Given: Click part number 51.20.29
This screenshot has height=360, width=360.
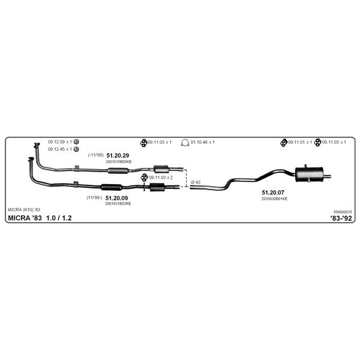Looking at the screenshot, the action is (x=118, y=155).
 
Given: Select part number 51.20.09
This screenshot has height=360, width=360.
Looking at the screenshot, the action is (x=116, y=198).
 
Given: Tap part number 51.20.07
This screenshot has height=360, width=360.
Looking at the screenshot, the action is (x=273, y=193).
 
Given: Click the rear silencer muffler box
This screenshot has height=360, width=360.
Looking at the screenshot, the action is (x=309, y=175).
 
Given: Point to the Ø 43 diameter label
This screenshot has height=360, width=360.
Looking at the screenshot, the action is (x=196, y=182).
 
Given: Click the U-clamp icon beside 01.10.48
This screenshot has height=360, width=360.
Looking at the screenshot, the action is (x=185, y=143).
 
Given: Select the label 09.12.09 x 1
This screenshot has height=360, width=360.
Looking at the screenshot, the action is (x=60, y=142).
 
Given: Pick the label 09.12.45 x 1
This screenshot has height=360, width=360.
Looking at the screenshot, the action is (x=60, y=149).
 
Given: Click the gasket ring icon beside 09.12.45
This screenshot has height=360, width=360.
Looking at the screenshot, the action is (x=76, y=149).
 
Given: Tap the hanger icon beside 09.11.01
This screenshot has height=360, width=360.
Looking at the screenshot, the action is (x=284, y=143).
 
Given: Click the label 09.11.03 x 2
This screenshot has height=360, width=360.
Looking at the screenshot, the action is (x=161, y=178).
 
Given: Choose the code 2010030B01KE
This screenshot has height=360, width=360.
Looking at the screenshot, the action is (x=274, y=199).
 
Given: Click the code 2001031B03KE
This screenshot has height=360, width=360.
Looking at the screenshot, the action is (x=118, y=203).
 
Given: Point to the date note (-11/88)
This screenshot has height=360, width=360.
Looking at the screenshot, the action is (x=96, y=155).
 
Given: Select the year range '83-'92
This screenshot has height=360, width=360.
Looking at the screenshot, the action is (x=341, y=218).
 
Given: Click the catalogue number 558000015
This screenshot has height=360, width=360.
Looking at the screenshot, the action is (x=343, y=212).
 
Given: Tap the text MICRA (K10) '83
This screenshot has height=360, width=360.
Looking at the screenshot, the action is (x=24, y=209).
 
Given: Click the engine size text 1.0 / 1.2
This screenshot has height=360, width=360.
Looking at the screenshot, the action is (x=59, y=218).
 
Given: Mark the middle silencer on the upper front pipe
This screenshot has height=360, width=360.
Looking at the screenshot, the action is (x=118, y=171).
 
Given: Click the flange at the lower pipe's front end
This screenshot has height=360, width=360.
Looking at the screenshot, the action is (x=31, y=159).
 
